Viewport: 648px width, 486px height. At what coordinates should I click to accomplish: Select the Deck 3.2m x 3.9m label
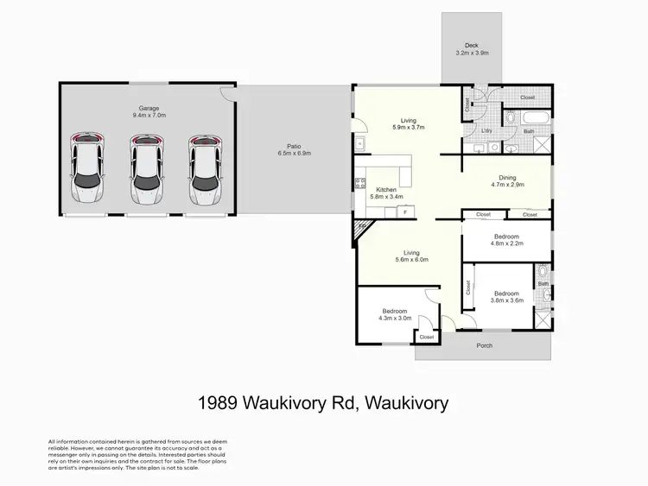pos(472,49)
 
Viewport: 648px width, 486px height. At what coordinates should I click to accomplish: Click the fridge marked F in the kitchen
pos(404,210)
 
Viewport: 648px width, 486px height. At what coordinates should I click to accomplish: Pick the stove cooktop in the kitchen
pos(360,183)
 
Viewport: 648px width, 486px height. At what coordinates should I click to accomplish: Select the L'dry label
pos(488,131)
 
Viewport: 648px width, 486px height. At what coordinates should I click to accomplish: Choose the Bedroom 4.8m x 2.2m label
pos(505,240)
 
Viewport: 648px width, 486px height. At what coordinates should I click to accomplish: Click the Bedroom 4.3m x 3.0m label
pos(396,314)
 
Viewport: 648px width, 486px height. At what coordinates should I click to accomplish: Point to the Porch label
pos(485,347)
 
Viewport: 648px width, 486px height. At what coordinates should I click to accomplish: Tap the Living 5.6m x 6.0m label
pos(411,256)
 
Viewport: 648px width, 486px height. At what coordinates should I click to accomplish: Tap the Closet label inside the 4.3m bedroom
pos(427,337)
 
